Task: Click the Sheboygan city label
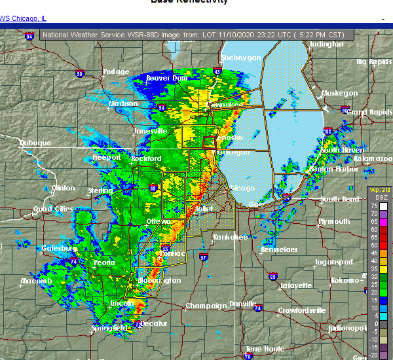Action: pos(244,58)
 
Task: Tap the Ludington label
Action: pos(326,44)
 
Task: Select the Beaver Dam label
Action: pos(167,78)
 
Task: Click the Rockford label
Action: pos(145,158)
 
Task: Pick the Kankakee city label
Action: pos(231,237)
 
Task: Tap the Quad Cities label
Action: pos(54,209)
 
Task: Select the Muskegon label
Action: pos(339,93)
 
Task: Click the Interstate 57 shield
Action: pos(204,257)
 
